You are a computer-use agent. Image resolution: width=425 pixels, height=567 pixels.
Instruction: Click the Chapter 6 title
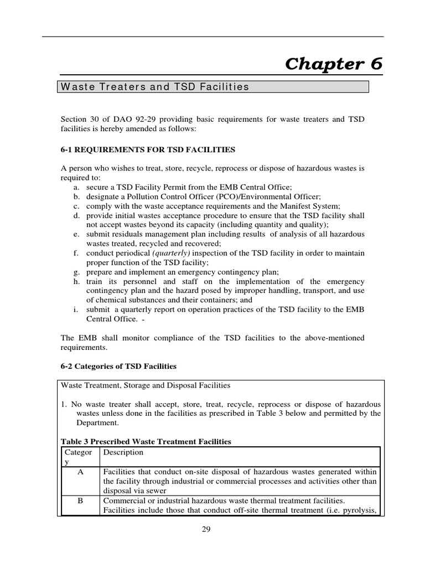(333, 64)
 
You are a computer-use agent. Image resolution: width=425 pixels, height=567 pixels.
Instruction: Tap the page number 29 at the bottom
(206, 529)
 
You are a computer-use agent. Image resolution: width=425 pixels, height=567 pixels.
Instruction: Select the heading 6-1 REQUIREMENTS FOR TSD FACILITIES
(148, 150)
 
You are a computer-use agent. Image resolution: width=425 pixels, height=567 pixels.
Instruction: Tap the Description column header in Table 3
(123, 452)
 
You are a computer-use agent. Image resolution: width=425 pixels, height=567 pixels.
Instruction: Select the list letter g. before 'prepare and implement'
(75, 271)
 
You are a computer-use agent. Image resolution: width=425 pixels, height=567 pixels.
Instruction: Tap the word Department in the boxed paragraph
(98, 422)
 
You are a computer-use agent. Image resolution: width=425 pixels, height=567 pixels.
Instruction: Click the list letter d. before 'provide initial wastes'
(75, 215)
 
